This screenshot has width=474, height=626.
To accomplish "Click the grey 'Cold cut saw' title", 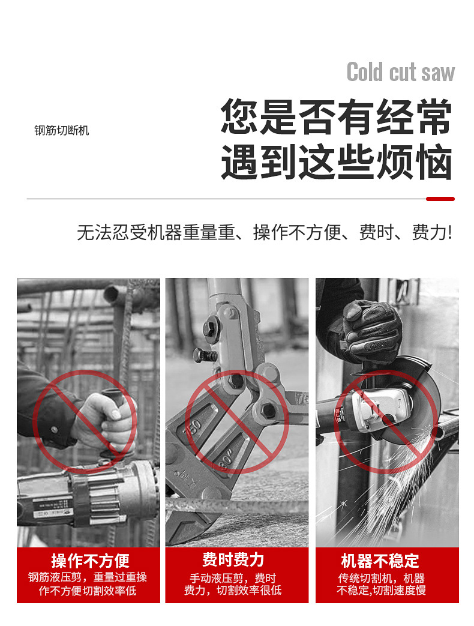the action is coord(401,72).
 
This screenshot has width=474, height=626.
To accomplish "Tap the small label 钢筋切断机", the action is coord(61,131).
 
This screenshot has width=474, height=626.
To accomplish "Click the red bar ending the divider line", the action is coord(440,199).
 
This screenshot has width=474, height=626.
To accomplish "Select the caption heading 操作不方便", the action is coord(90,561).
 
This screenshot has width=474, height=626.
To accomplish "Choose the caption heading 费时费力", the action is coord(233,560).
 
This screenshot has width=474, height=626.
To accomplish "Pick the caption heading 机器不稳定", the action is coord(380,561).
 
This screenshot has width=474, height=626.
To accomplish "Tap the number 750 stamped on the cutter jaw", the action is coord(194,428).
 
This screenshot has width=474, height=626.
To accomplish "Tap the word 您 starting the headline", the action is coord(239,116).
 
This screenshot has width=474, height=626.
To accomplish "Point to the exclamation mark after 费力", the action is coord(450,232).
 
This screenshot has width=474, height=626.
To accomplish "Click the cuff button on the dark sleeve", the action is coord(54,430).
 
